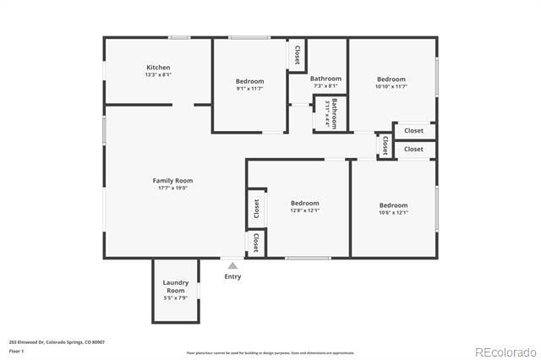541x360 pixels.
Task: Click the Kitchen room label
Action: coord(158,68)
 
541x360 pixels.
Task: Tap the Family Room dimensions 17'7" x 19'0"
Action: coord(172,188)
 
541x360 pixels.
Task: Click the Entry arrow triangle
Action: coord(232,265)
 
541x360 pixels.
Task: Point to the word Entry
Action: coord(232,276)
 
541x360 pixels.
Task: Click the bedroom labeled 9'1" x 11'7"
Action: coord(249,82)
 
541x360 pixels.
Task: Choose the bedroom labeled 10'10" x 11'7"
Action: coord(391,79)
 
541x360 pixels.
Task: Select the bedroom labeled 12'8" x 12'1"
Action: coord(304,204)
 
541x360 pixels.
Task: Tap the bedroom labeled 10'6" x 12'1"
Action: coord(393,205)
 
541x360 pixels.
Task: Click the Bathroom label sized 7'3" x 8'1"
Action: coord(326,79)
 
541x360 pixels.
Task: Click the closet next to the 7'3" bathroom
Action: coord(297,55)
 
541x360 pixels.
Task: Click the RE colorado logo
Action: coord(505,352)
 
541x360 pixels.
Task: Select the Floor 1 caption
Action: coord(16,350)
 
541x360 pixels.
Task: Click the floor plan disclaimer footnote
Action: coord(270,353)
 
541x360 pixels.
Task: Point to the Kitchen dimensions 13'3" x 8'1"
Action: coord(158,74)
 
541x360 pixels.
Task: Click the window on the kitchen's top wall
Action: coord(178,37)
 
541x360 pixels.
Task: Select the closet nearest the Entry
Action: coord(254,243)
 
